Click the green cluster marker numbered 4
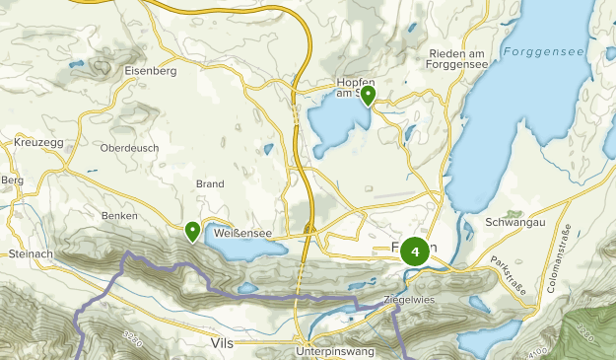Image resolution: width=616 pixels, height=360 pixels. [415, 252]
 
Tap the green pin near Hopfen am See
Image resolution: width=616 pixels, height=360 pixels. [368, 96]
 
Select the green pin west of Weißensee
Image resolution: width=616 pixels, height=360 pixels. [192, 231]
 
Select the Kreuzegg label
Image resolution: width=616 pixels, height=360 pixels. [38, 143]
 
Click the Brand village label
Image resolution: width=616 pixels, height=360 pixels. [210, 184]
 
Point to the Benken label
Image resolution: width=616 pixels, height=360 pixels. [117, 215]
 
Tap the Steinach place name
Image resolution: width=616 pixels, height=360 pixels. [29, 253]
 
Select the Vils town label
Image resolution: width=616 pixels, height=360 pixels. [222, 342]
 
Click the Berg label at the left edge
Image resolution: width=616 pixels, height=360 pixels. [12, 180]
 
